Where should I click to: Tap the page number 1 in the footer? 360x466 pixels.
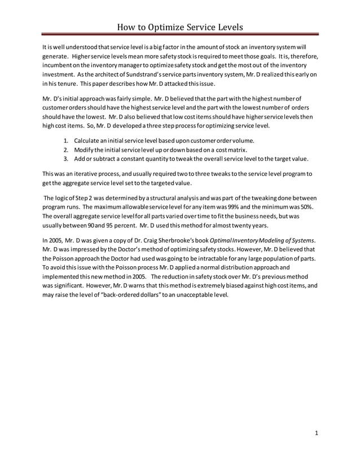pos(317,433)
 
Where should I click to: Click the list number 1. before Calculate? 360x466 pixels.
pos(67,140)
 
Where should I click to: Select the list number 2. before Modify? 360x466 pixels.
pos(67,150)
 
